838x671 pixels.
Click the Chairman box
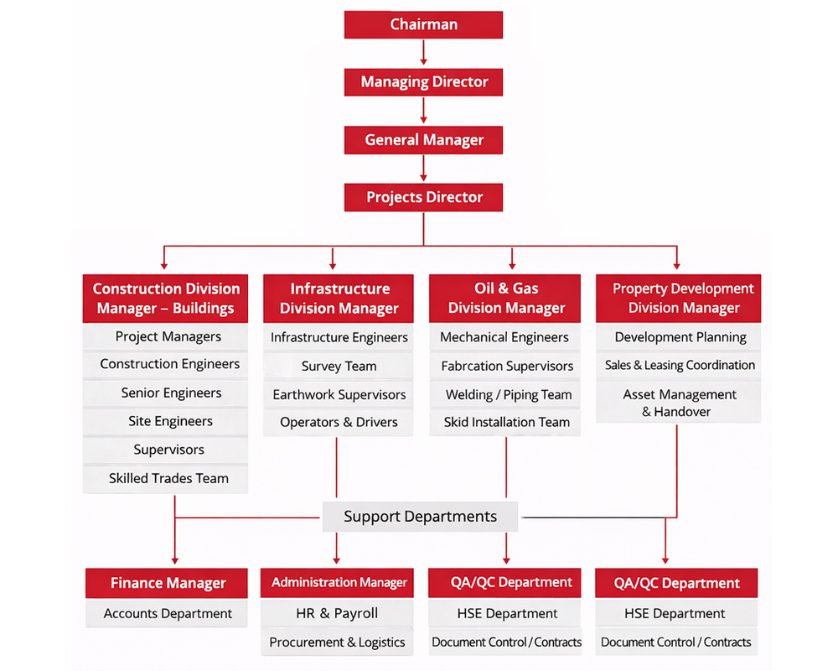[x=423, y=24]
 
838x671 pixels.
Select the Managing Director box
[x=423, y=82]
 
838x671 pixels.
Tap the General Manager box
[x=423, y=140]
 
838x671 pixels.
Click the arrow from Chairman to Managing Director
[x=423, y=53]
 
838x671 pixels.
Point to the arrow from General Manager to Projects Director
[x=423, y=169]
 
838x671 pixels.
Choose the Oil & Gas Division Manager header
[x=506, y=298]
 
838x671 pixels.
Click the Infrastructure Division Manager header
[x=339, y=298]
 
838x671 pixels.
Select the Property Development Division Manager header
[x=678, y=298]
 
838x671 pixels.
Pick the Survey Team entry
[x=339, y=366]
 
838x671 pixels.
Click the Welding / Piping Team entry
[x=506, y=394]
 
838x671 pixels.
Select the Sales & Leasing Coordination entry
[x=679, y=365]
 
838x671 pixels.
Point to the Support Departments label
[x=420, y=516]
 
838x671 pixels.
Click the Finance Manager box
[x=168, y=583]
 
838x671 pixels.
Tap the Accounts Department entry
[x=168, y=613]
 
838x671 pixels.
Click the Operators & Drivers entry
[x=339, y=422]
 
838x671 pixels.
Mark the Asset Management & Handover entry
[x=679, y=403]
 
